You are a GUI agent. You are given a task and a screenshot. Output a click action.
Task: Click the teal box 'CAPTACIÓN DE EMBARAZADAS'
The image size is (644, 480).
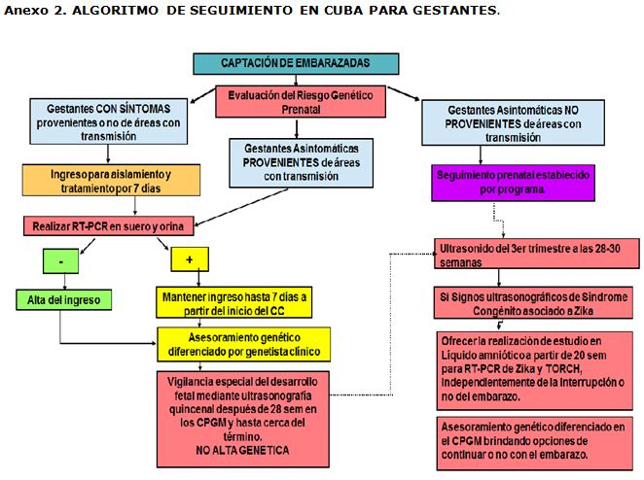coord(296,63)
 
